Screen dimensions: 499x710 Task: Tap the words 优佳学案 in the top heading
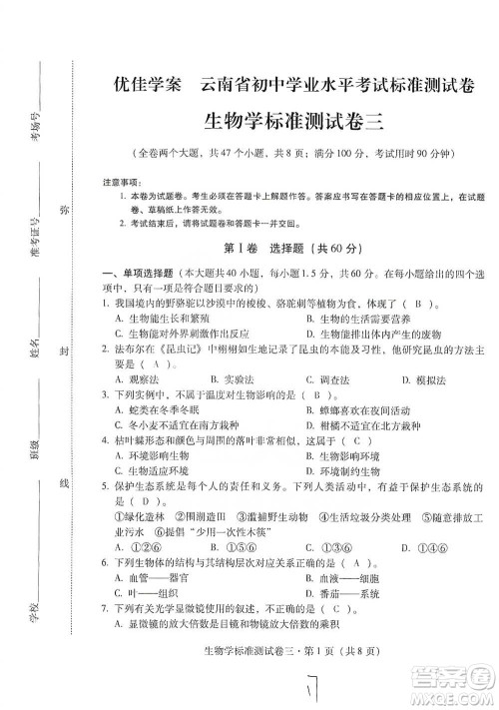tap(141, 85)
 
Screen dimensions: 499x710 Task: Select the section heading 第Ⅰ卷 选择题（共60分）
tap(289, 247)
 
